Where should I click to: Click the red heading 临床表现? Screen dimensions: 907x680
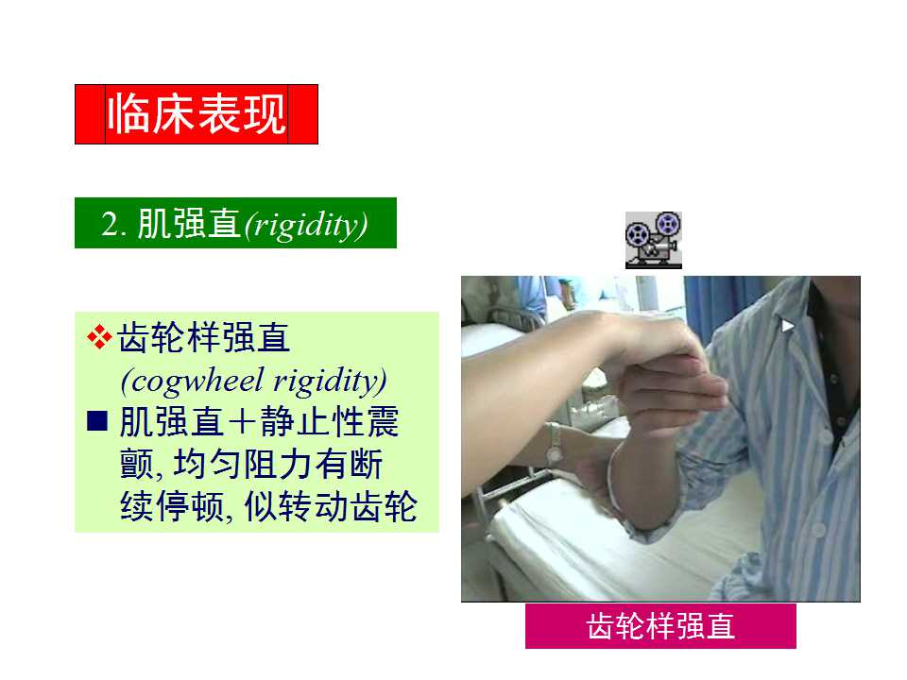click(197, 114)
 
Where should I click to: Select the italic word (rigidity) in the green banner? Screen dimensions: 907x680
click(306, 225)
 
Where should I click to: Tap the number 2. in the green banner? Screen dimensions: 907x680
click(113, 224)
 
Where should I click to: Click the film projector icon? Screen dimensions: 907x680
click(653, 240)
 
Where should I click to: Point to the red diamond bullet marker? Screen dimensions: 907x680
click(99, 337)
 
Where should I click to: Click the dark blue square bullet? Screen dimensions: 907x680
click(97, 420)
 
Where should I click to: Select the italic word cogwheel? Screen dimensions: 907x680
click(197, 381)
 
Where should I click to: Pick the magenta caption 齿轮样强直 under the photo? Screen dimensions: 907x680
click(660, 626)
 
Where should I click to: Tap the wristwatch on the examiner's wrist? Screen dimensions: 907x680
click(555, 444)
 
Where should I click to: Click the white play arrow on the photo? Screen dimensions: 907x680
click(787, 326)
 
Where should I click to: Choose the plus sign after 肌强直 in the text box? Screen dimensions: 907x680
click(242, 421)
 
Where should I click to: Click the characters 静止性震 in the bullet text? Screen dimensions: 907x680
click(329, 421)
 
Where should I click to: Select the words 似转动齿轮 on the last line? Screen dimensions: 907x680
click(330, 506)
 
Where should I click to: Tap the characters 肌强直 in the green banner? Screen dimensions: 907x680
click(189, 224)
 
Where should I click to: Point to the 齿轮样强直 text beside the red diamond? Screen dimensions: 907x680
click(204, 337)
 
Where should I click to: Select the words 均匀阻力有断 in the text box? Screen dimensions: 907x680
click(278, 464)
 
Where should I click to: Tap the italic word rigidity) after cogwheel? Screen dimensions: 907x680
click(329, 381)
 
